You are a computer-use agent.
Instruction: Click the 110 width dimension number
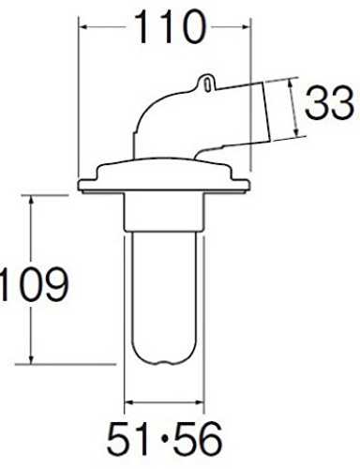(x=171, y=27)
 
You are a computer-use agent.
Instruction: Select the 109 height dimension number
(x=34, y=284)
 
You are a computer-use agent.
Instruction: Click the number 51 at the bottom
(x=128, y=439)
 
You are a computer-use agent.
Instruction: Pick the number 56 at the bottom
(x=198, y=439)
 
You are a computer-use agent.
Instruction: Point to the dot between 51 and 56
(x=163, y=440)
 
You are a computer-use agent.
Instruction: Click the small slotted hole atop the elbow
(x=208, y=84)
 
